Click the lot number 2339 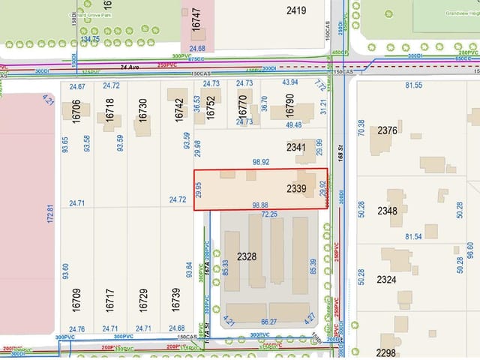point(296,189)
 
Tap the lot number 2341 point(296,148)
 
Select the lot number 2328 point(247,256)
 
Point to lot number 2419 point(296,10)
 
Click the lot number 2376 point(387,130)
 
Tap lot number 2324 point(387,279)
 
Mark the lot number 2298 point(386,352)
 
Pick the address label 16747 point(196,19)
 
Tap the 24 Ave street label point(132,66)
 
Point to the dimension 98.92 point(261,161)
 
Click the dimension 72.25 point(269,214)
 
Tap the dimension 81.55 point(413,85)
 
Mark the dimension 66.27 point(269,322)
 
